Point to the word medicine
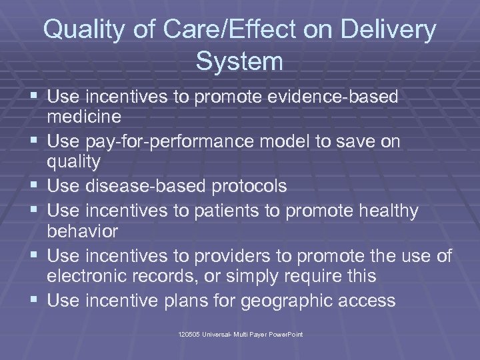pyautogui.click(x=84, y=117)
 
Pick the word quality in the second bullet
pyautogui.click(x=74, y=163)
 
